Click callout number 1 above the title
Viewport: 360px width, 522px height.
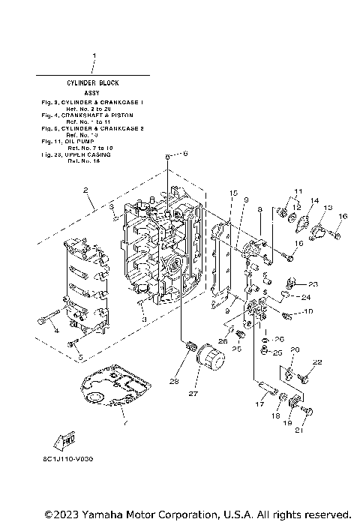(x=94, y=56)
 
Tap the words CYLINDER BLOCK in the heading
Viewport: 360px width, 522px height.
(x=94, y=82)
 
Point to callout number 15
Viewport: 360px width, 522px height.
(x=213, y=193)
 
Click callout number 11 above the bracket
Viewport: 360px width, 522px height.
(x=297, y=191)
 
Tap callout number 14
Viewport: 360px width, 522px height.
(x=315, y=202)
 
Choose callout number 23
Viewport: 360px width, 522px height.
(x=313, y=283)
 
